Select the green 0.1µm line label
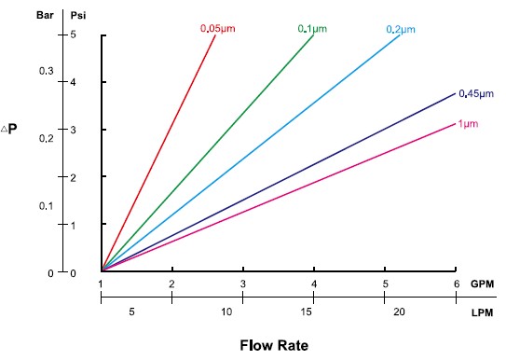[x=313, y=28]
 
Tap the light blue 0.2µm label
[x=403, y=30]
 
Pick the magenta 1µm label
[x=470, y=124]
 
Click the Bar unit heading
[x=44, y=16]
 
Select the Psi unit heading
[x=80, y=16]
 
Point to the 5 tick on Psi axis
[x=85, y=35]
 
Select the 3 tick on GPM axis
[x=242, y=284]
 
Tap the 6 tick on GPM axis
[x=455, y=284]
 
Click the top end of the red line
[x=215, y=35]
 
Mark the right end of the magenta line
[x=455, y=122]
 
